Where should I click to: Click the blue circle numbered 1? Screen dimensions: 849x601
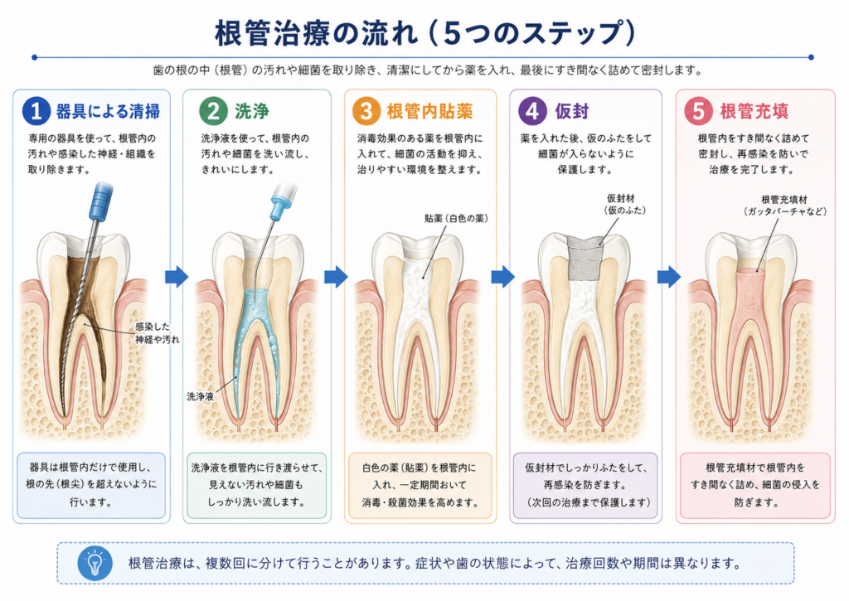36,110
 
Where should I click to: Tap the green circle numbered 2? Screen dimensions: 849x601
213,110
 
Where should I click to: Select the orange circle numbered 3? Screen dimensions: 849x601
366,110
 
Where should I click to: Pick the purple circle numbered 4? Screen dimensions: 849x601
532,110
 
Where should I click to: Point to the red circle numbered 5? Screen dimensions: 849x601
698,110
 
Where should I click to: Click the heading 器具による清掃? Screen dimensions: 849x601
109,111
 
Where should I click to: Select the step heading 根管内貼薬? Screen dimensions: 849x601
430,111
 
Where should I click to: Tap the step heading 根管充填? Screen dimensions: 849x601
754,111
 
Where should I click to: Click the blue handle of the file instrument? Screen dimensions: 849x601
101,201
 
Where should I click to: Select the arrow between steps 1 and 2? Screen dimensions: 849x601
177,277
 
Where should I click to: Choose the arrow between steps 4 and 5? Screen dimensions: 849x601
669,277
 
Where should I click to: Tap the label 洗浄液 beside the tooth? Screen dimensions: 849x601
201,396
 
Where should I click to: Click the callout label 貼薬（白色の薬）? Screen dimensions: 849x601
457,218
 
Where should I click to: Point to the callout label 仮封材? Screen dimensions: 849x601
620,199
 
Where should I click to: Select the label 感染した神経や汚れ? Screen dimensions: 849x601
157,333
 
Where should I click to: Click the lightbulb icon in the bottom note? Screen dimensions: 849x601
95,563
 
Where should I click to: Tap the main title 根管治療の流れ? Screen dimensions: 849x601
317,33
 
